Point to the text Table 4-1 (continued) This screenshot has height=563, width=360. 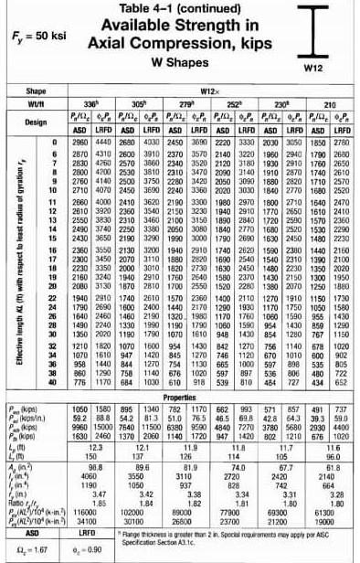[175, 9]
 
